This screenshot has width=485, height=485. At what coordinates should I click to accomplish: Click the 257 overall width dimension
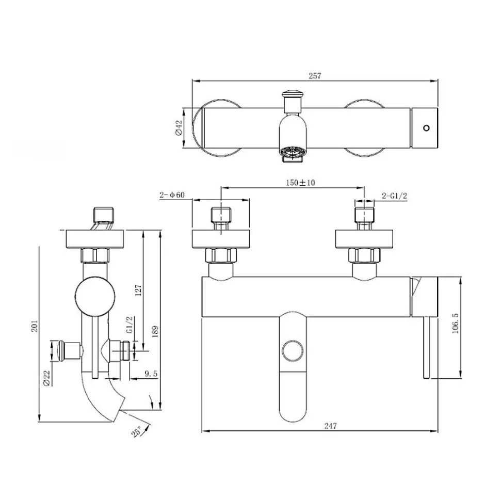(315, 76)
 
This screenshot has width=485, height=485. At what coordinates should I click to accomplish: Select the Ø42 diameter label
(179, 128)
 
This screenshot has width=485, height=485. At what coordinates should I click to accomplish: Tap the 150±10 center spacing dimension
(300, 183)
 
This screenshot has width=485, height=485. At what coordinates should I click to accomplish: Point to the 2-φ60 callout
(172, 195)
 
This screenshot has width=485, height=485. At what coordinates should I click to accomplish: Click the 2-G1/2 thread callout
(394, 196)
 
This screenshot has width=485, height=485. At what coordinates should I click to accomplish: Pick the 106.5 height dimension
(455, 323)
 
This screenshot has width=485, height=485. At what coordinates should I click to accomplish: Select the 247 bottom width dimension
(330, 426)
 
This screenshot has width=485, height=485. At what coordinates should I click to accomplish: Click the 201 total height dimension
(35, 326)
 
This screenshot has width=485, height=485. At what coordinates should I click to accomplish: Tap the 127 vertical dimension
(138, 290)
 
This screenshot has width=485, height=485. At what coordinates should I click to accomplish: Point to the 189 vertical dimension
(155, 331)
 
